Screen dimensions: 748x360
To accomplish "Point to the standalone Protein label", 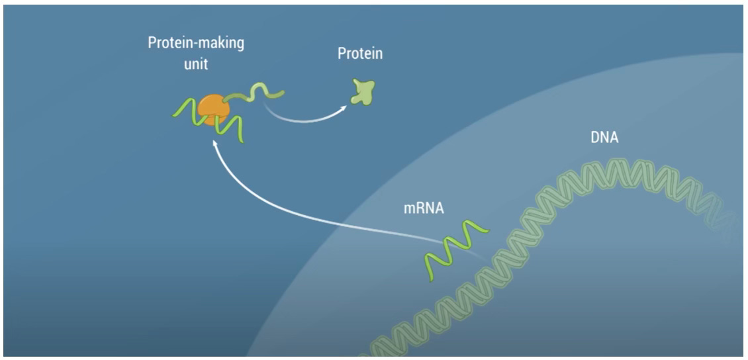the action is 360,54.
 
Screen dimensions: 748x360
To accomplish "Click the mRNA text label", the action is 424,208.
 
